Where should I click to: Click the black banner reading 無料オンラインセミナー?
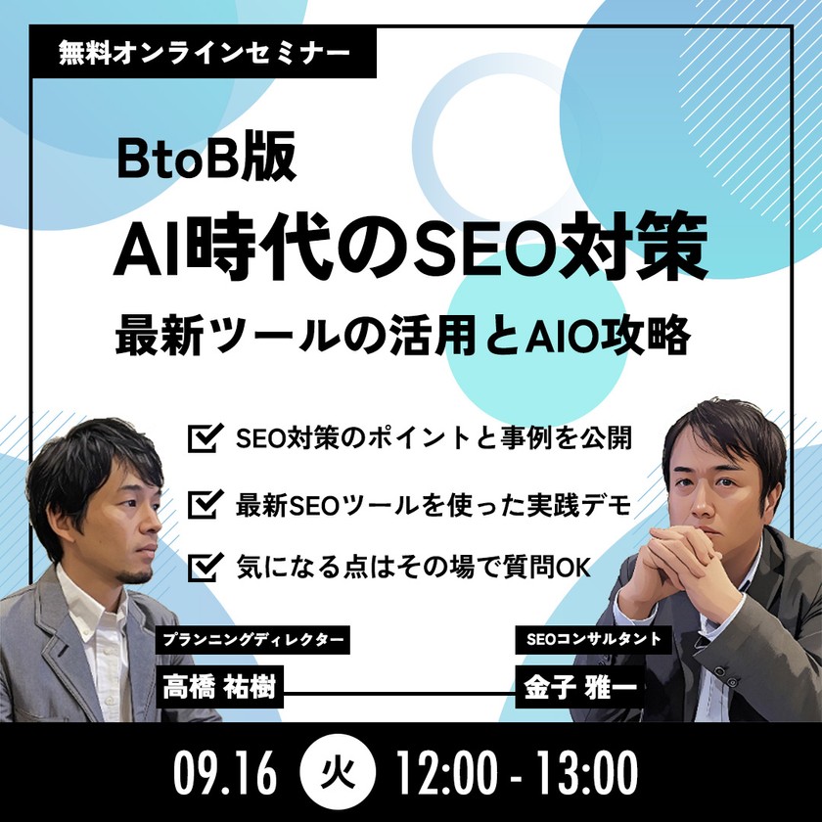coord(203,49)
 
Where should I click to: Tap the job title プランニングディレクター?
coord(252,641)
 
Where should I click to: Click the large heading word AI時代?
coord(201,252)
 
